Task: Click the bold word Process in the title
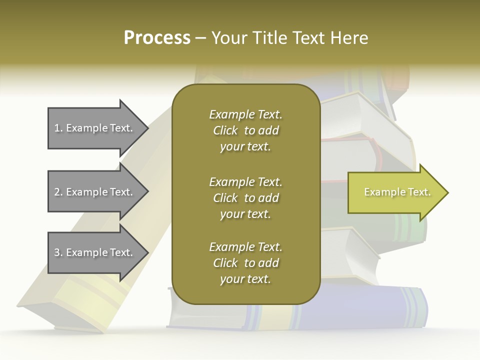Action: pyautogui.click(x=157, y=38)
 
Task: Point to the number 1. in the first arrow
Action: pyautogui.click(x=58, y=128)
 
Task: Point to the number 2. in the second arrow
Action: pyautogui.click(x=58, y=192)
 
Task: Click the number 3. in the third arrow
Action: pyautogui.click(x=58, y=252)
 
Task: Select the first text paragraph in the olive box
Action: pyautogui.click(x=245, y=130)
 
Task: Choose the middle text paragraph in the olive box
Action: pyautogui.click(x=245, y=197)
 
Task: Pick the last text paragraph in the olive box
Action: pyautogui.click(x=245, y=263)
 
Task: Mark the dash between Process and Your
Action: pyautogui.click(x=200, y=38)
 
